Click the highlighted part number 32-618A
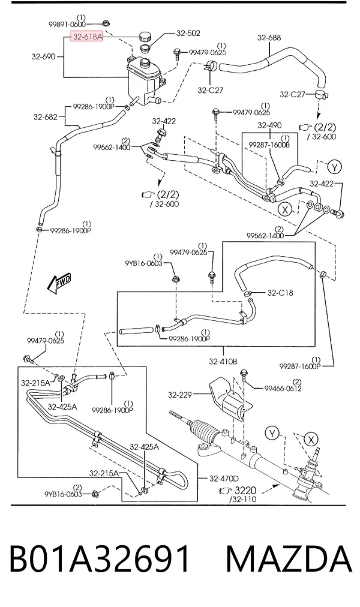[x=86, y=37]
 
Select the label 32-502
[x=188, y=34]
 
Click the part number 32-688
[x=269, y=38]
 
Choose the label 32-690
[x=43, y=56]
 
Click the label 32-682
[x=45, y=116]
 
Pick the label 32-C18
[x=280, y=293]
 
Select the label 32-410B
[x=223, y=362]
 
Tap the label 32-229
[x=180, y=395]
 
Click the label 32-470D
[x=224, y=479]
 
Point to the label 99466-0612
[x=283, y=388]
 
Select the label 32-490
[x=270, y=125]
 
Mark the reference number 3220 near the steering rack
[x=245, y=491]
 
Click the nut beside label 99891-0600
[x=106, y=23]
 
